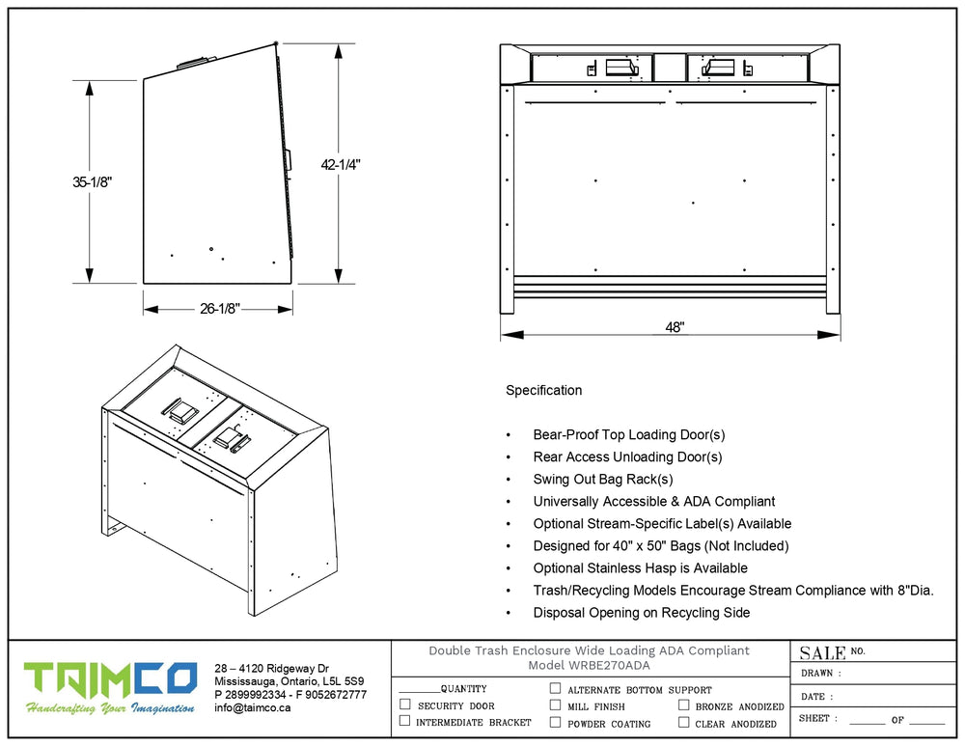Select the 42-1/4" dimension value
point(341,164)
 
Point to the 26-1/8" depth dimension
point(219,309)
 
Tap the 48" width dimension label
point(675,328)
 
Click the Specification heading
point(543,391)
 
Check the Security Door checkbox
point(404,705)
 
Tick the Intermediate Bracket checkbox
point(404,721)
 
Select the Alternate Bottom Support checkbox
point(555,689)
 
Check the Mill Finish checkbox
point(555,705)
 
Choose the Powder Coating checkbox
point(555,722)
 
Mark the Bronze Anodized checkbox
point(683,705)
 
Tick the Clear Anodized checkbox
point(683,722)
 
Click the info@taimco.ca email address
point(253,707)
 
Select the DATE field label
point(813,696)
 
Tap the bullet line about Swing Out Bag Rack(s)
point(603,480)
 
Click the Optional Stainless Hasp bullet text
point(640,568)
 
